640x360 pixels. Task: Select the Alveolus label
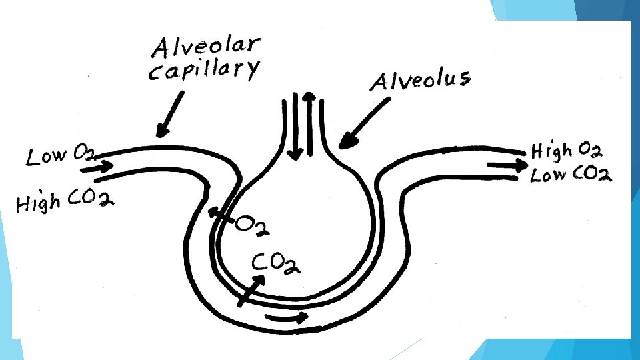click(x=420, y=81)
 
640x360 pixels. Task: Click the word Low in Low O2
click(x=47, y=157)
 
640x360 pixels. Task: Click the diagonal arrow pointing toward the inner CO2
click(x=251, y=291)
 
